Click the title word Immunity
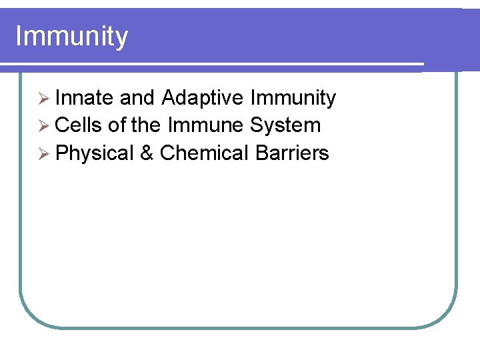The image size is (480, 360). click(71, 37)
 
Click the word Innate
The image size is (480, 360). click(84, 98)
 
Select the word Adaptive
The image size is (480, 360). click(203, 98)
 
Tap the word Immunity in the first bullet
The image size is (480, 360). click(293, 98)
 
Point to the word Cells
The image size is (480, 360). click(78, 125)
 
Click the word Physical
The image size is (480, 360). click(95, 153)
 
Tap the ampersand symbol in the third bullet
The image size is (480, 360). click(147, 153)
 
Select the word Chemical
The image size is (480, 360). click(205, 153)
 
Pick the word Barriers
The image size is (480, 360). click(292, 153)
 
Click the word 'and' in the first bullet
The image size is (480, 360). click(137, 98)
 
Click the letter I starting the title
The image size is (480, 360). click(18, 36)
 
